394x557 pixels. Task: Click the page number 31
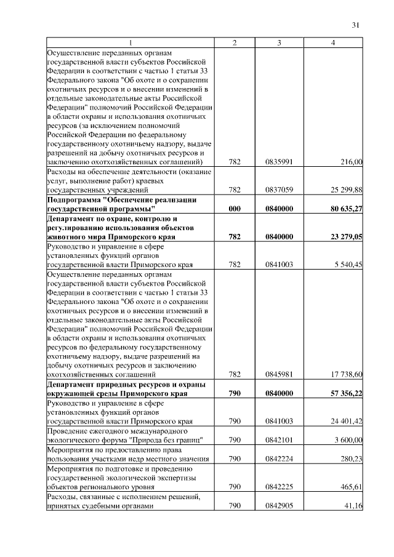tap(355, 25)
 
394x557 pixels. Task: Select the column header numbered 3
tap(279, 42)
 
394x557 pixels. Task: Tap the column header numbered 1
tap(130, 42)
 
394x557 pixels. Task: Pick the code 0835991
tap(279, 162)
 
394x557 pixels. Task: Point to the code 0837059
tap(279, 190)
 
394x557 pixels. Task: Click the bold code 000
tap(234, 209)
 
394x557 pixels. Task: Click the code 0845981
tap(279, 374)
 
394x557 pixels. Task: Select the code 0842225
tap(279, 487)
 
